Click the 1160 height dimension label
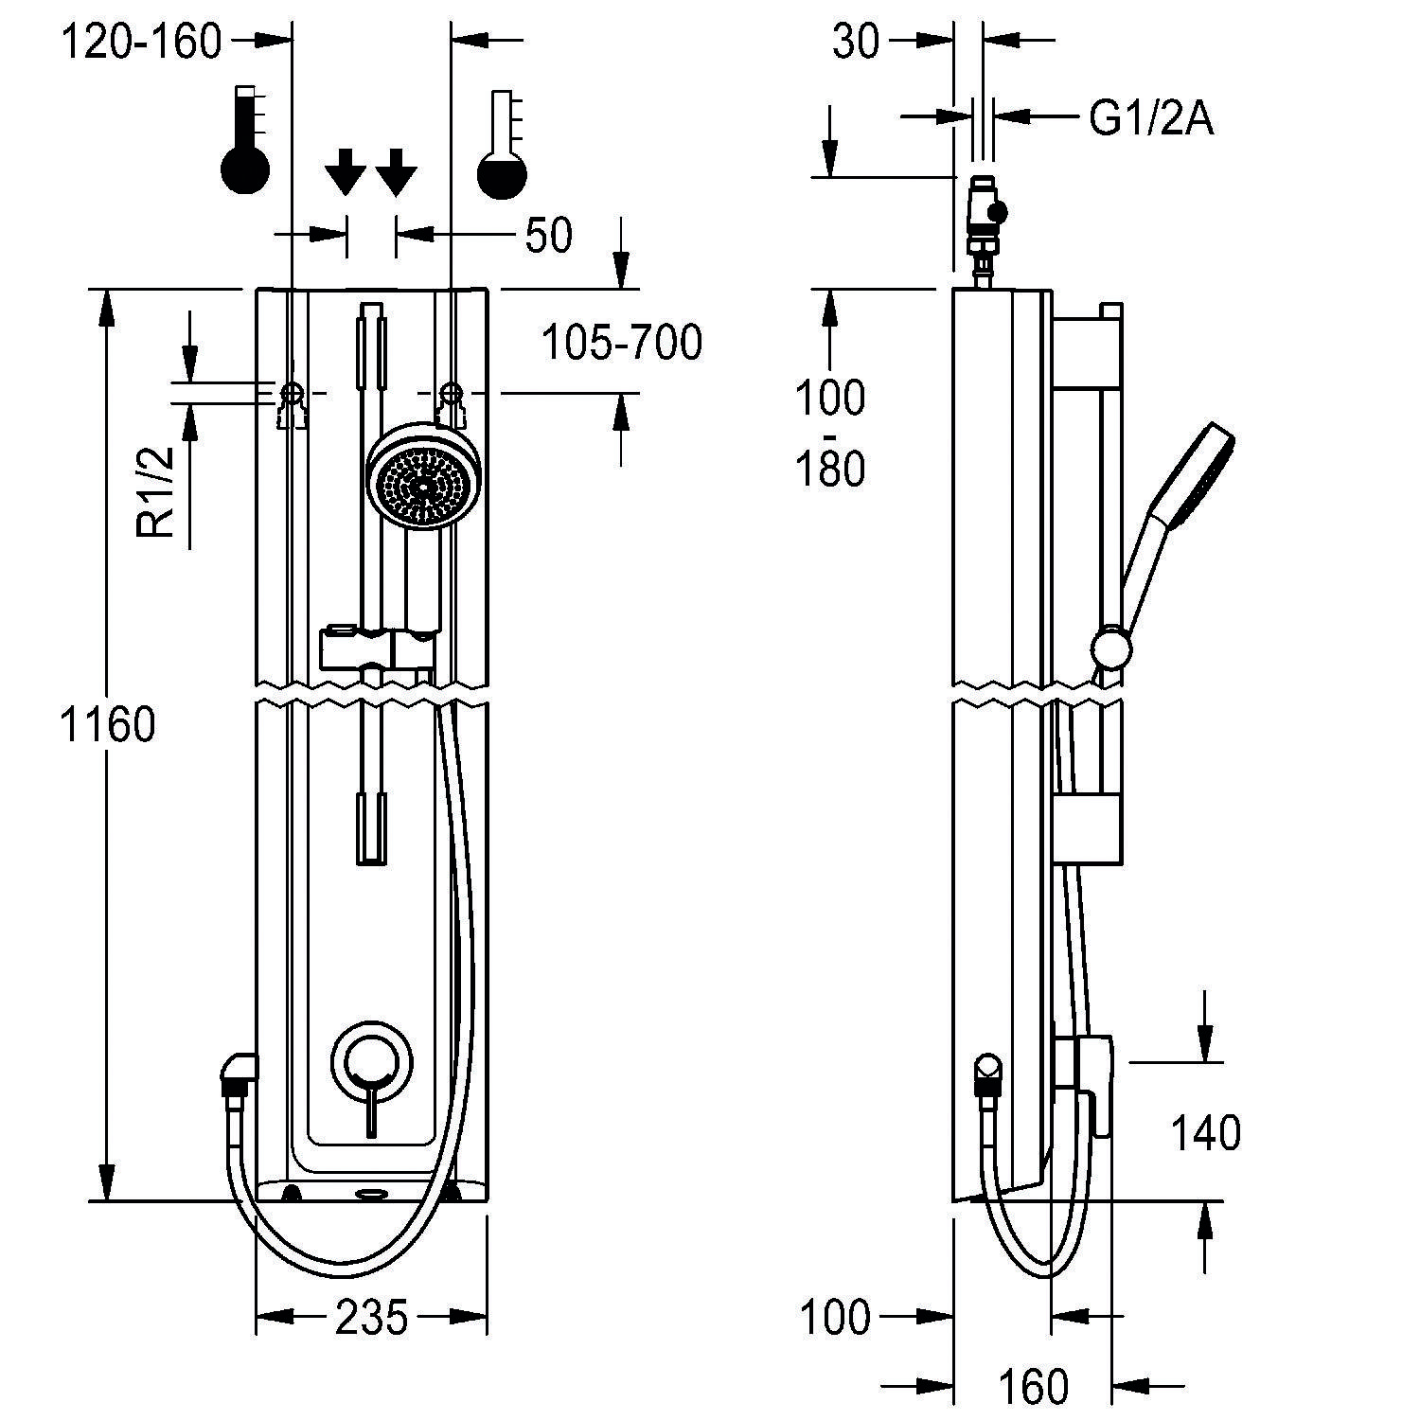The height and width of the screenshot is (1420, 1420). pyautogui.click(x=107, y=724)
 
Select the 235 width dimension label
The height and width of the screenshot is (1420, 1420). pyautogui.click(x=371, y=1317)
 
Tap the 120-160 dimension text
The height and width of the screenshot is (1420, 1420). pyautogui.click(x=142, y=42)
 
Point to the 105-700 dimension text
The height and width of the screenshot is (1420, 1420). pyautogui.click(x=622, y=342)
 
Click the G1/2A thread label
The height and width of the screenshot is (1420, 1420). pyautogui.click(x=1151, y=119)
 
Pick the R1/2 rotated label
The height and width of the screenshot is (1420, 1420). pyautogui.click(x=157, y=492)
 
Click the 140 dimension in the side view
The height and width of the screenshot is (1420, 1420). pyautogui.click(x=1206, y=1132)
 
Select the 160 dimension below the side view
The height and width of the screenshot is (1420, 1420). pyautogui.click(x=1033, y=1387)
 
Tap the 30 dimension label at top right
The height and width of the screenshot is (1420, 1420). pyautogui.click(x=856, y=42)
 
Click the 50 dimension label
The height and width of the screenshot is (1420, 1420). pyautogui.click(x=548, y=235)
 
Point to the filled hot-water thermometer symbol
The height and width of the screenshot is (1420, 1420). pyautogui.click(x=245, y=142)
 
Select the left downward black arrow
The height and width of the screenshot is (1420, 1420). pyautogui.click(x=346, y=172)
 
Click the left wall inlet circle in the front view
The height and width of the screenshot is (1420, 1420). pyautogui.click(x=292, y=392)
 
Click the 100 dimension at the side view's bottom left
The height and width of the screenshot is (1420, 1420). pyautogui.click(x=834, y=1317)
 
